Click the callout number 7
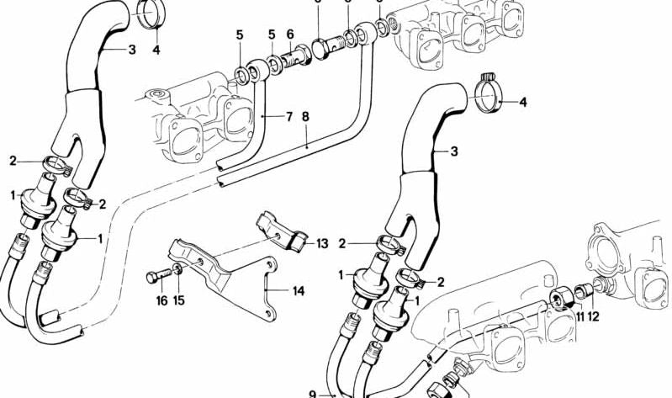coord(289,116)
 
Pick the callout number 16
coord(160,300)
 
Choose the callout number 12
coord(595,316)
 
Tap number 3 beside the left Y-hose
coord(132,50)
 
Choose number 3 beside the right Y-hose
coord(453,151)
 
